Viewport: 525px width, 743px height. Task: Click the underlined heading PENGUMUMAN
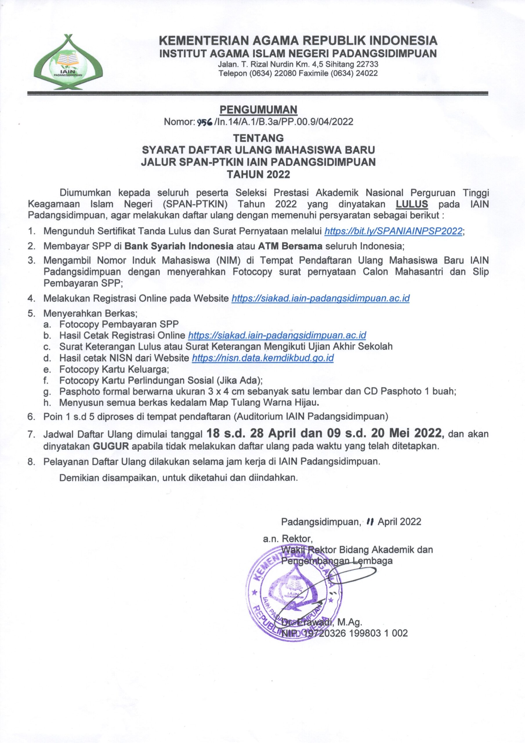click(x=258, y=110)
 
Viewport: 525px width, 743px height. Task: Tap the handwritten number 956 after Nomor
click(x=204, y=122)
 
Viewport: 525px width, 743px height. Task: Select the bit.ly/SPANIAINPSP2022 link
click(x=393, y=231)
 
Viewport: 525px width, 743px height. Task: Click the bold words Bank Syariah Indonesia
click(x=179, y=246)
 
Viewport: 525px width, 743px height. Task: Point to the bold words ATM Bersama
click(x=290, y=246)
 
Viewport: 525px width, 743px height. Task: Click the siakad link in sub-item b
click(x=277, y=335)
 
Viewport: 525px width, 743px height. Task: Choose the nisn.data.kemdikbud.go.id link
click(x=263, y=358)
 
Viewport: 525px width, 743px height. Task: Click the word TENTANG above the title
click(x=258, y=138)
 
